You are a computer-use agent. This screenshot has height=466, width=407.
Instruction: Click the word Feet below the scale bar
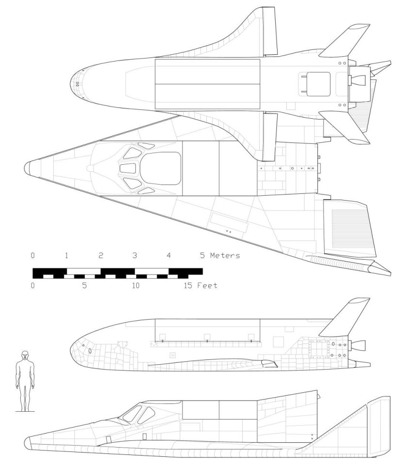(x=207, y=286)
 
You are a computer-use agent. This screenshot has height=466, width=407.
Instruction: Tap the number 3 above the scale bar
(x=135, y=255)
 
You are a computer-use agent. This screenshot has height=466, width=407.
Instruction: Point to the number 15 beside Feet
(x=188, y=286)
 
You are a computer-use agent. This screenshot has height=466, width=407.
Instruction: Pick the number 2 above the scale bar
(x=101, y=255)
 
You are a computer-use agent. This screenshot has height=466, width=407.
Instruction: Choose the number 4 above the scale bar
(x=169, y=255)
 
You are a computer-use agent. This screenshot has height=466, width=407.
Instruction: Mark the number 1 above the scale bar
(x=66, y=255)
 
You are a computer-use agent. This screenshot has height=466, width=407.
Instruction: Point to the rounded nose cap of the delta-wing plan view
(x=28, y=168)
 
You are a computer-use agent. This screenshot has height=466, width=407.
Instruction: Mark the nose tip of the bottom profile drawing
(x=27, y=442)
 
